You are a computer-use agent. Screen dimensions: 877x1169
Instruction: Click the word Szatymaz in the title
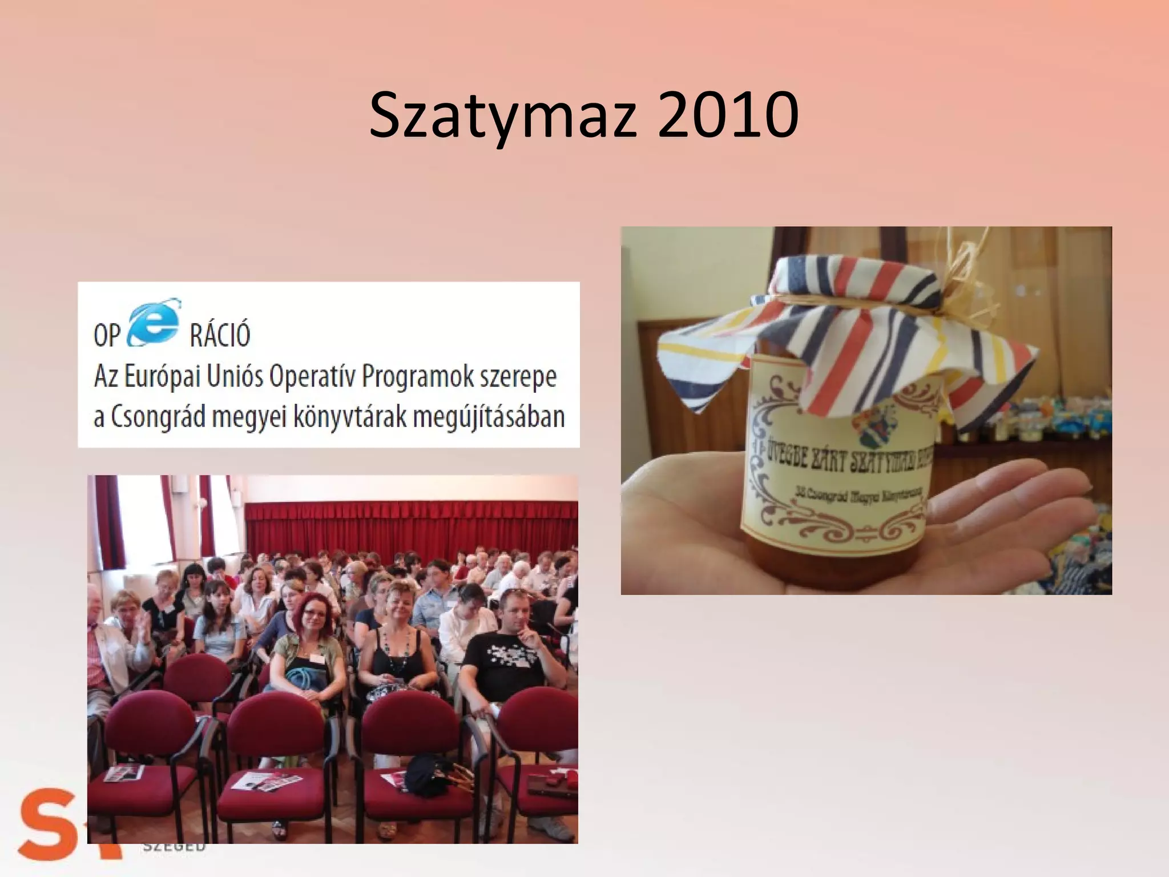[x=502, y=116]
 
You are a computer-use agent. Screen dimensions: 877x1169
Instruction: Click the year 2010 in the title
[x=727, y=116]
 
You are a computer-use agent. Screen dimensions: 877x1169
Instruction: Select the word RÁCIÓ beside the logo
[x=220, y=335]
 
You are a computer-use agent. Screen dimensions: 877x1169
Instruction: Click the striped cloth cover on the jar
[x=845, y=337]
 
